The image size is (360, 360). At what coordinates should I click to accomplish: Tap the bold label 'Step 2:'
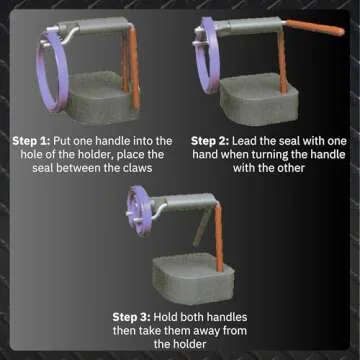[x=212, y=140]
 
